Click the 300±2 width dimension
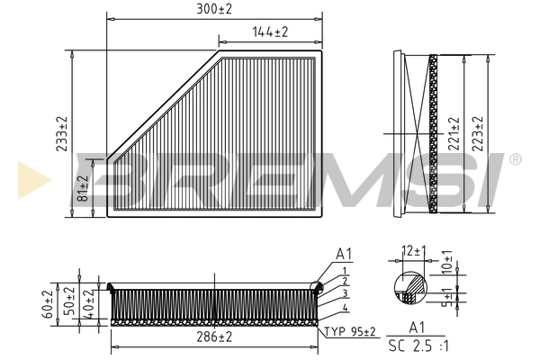click(214, 8)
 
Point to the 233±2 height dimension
click(62, 134)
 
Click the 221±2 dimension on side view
click(454, 133)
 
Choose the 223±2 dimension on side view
click(478, 133)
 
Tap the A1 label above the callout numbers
click(343, 254)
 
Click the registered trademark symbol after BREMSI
click(515, 159)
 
